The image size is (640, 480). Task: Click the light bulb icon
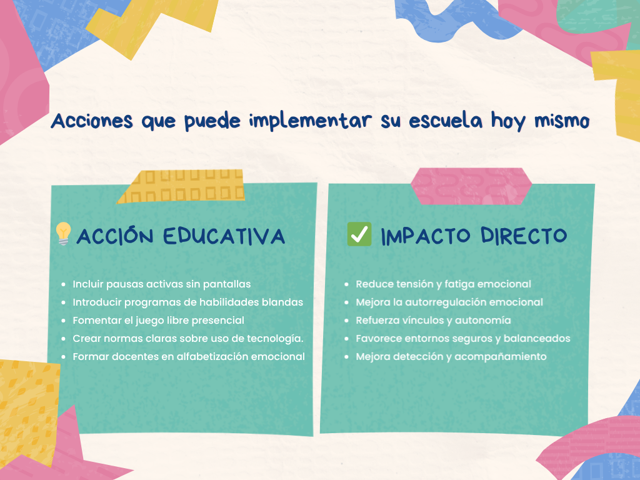click(x=63, y=234)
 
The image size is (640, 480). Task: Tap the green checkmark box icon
click(x=359, y=234)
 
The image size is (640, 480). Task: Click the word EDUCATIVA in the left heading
click(x=224, y=236)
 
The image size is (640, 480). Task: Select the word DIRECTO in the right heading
click(x=524, y=236)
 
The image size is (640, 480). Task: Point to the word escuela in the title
click(x=445, y=121)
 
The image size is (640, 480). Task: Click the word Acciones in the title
click(x=92, y=121)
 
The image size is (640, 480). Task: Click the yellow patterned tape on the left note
click(x=182, y=186)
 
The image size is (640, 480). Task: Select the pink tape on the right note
click(x=471, y=186)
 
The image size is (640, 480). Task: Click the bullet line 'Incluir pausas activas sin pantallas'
click(x=162, y=284)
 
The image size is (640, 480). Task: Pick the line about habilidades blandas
click(x=187, y=302)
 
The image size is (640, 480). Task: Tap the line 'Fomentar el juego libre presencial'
click(x=158, y=321)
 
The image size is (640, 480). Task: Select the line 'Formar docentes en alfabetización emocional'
click(x=189, y=357)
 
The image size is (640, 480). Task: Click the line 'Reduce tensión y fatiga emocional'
click(x=443, y=284)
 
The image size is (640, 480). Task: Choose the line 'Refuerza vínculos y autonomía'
click(x=433, y=321)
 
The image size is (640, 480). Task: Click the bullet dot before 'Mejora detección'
click(x=346, y=357)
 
